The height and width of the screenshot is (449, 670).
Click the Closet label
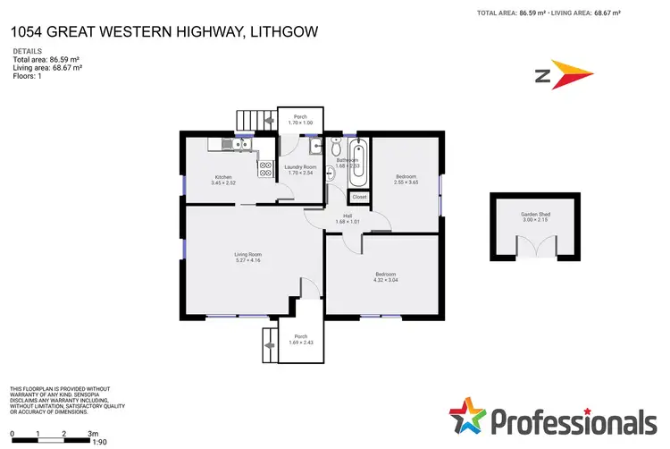click(358, 196)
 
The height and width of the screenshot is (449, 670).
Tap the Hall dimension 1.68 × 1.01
click(346, 222)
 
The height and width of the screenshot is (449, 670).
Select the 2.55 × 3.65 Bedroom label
click(405, 179)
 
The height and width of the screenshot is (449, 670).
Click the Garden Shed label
click(536, 216)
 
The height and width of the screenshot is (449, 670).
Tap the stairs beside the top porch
click(253, 120)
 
